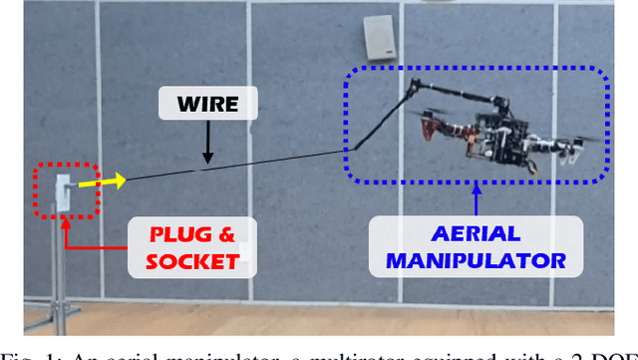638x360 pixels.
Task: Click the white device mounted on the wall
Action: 380,37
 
